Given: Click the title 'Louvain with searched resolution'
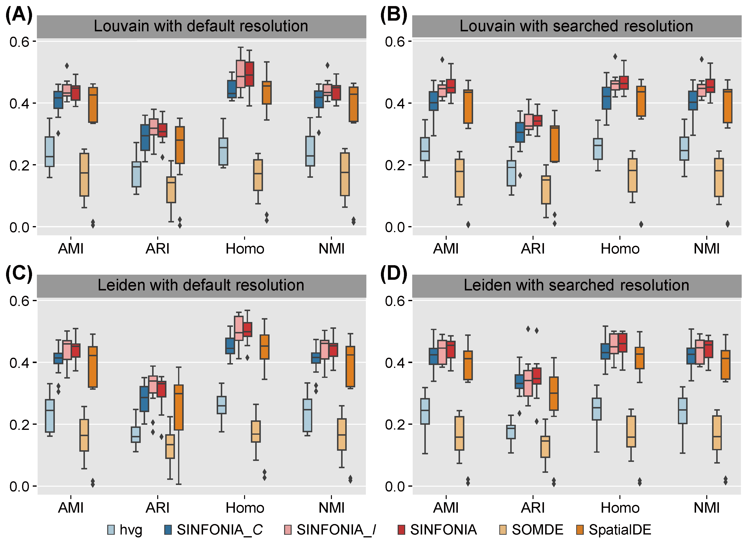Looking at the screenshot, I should (576, 26).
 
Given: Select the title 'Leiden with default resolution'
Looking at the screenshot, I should (201, 285).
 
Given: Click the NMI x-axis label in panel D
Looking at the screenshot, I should (707, 508).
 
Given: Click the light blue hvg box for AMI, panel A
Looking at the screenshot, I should (49, 152).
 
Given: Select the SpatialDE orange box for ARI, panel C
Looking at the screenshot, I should (179, 407).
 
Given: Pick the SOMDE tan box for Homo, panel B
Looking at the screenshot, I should (633, 175).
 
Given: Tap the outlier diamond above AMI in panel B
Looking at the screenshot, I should (442, 60).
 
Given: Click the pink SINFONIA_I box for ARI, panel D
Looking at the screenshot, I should (528, 383).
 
